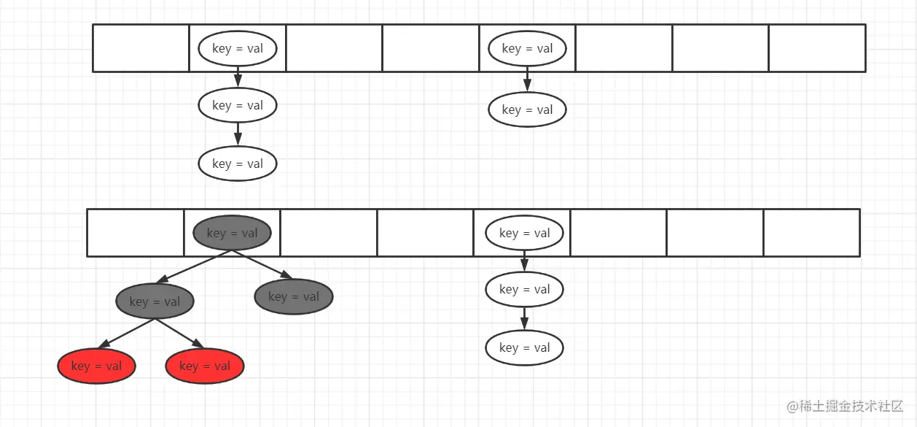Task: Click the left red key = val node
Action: point(97,366)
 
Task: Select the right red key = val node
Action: point(205,366)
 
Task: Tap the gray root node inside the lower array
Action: point(232,234)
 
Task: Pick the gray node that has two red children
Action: point(155,301)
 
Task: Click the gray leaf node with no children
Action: point(294,296)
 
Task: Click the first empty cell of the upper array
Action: point(141,48)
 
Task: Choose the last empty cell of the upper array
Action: point(816,48)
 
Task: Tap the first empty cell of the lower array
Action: point(136,233)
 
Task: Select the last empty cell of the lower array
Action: point(811,233)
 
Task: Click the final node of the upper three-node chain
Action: point(238,164)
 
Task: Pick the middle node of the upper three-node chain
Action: point(238,106)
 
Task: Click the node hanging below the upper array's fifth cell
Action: point(527,110)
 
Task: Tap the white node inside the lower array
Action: point(525,234)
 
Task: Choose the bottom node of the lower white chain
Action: point(525,348)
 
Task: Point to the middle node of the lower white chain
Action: point(525,290)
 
